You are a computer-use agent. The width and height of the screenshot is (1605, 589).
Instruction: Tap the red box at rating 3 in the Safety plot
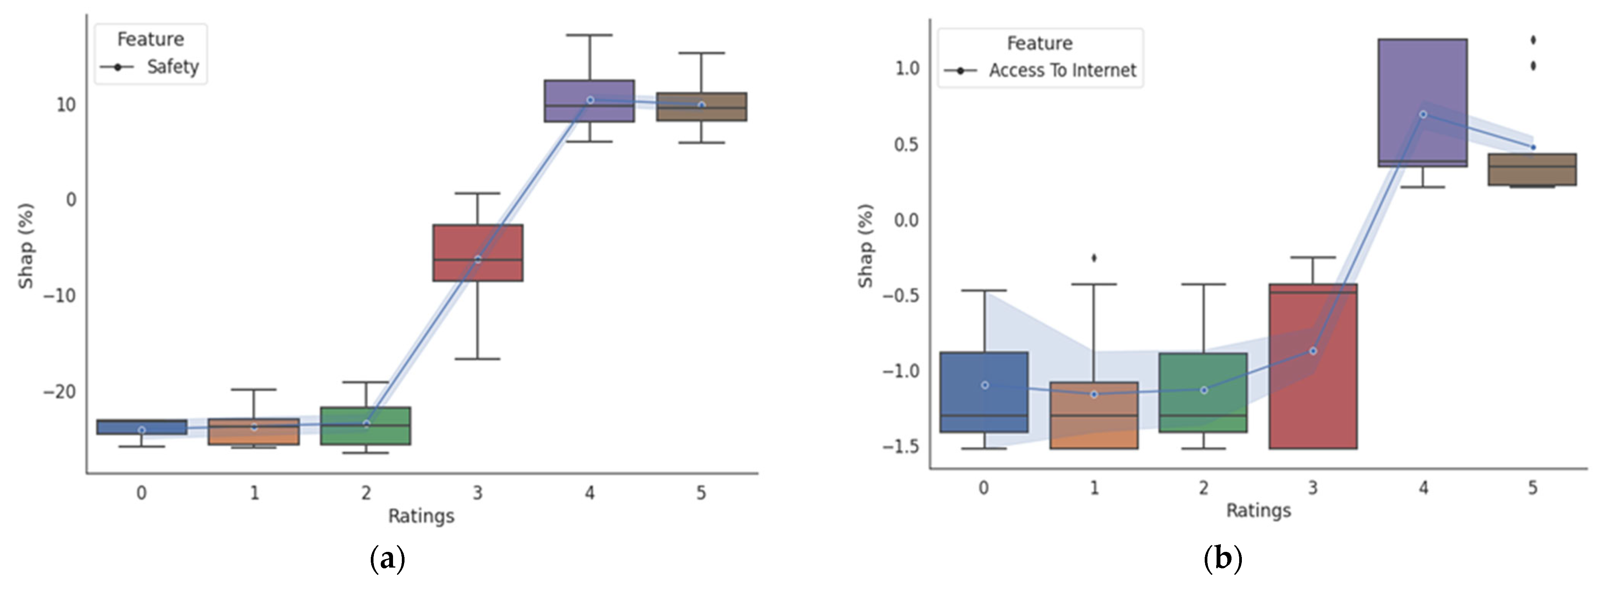(478, 252)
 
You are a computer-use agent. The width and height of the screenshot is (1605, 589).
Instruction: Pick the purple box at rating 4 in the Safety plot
(590, 101)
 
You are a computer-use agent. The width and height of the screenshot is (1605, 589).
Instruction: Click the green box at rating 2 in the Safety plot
(366, 426)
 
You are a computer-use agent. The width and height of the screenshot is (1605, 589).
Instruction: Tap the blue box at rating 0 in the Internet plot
(984, 392)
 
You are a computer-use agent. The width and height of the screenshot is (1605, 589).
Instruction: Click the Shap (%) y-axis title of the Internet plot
(865, 246)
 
